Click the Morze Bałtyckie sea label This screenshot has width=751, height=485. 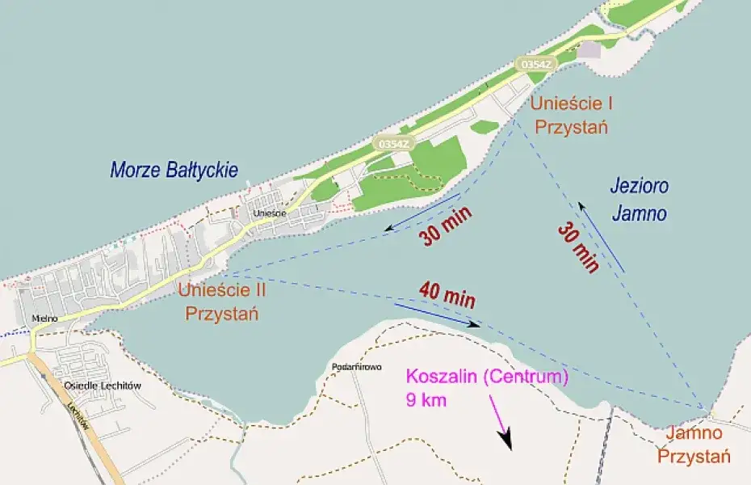click(174, 170)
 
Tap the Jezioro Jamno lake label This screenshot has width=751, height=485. click(639, 200)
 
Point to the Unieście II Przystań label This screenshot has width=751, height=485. click(221, 302)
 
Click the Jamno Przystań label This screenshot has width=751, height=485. click(694, 445)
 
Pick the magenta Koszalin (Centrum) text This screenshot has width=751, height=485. click(487, 377)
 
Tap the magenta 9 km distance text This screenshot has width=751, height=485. click(425, 399)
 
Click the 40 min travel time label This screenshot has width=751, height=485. click(447, 293)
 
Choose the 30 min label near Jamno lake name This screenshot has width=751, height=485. click(578, 247)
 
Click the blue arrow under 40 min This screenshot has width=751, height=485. click(437, 315)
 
